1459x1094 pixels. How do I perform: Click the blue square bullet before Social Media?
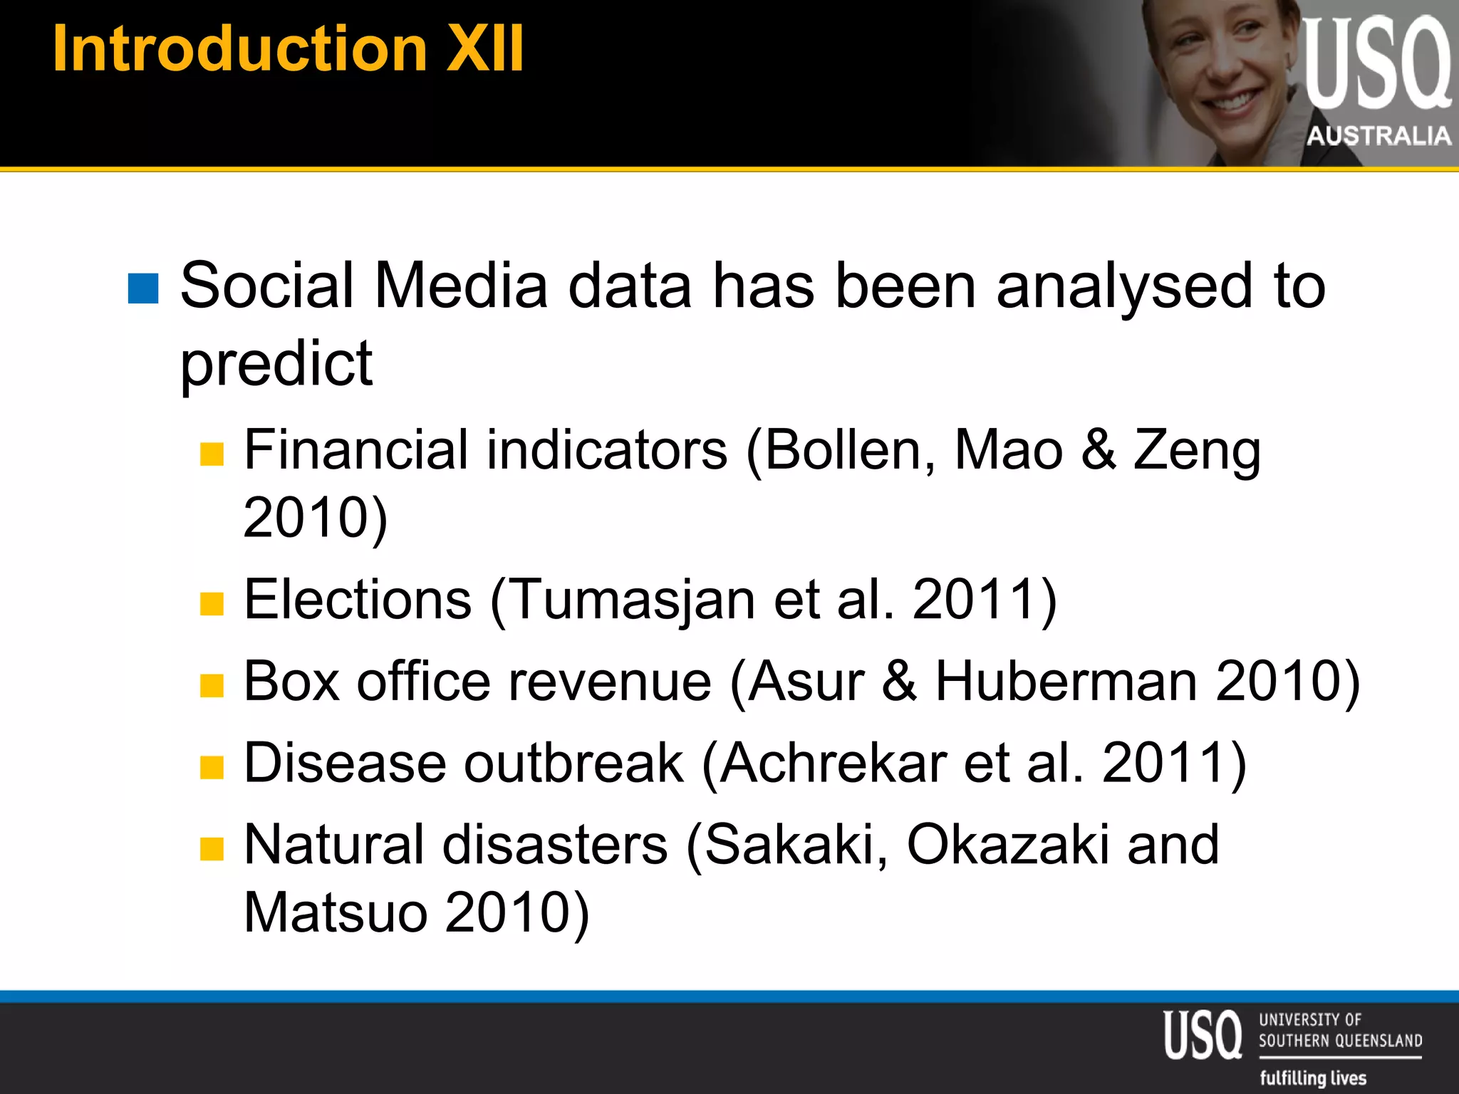(142, 288)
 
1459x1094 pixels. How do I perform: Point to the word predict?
(276, 363)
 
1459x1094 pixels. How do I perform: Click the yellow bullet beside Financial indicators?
(212, 453)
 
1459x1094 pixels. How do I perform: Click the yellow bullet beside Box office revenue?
(212, 685)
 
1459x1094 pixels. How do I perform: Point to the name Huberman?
(1066, 682)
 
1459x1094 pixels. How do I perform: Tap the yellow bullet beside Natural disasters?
(212, 848)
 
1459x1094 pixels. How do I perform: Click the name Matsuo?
(336, 912)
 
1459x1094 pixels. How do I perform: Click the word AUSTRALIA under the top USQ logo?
(1378, 135)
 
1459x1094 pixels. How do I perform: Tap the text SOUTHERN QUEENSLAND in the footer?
(1340, 1041)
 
